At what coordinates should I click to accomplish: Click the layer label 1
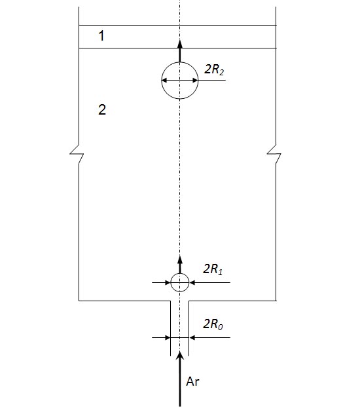point(101,35)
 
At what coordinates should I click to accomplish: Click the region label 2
point(102,109)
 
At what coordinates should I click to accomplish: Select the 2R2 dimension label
point(214,69)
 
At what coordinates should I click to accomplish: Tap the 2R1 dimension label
point(213,269)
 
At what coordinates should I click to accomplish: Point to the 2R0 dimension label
point(213,324)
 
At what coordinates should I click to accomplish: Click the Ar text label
point(192,382)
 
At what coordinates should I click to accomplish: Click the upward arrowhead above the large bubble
point(180,43)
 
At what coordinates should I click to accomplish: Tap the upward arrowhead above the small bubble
point(180,260)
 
